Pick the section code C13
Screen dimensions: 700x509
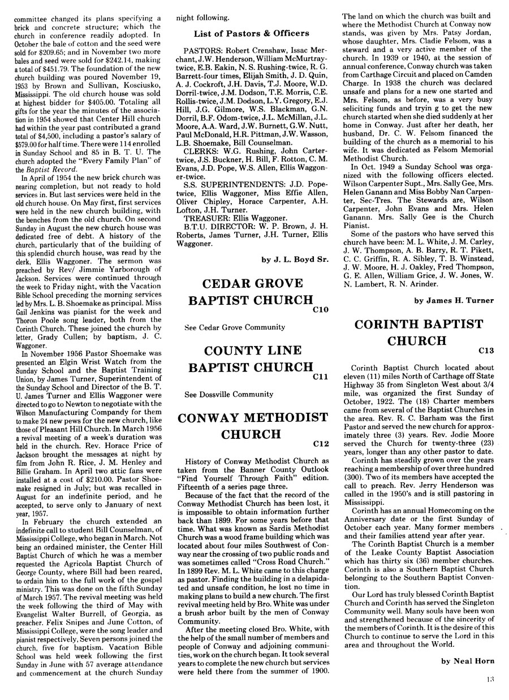[x=486, y=351]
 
